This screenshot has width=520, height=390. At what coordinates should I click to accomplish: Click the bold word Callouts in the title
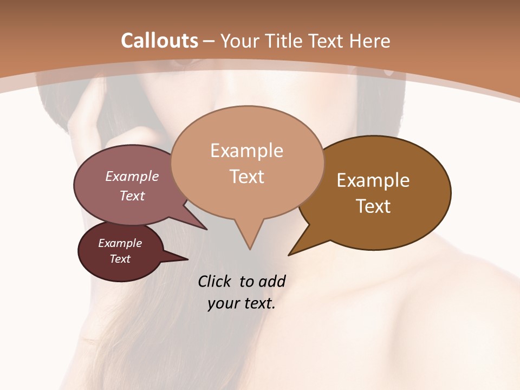pyautogui.click(x=159, y=41)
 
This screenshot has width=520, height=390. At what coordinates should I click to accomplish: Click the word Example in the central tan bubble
pyautogui.click(x=246, y=151)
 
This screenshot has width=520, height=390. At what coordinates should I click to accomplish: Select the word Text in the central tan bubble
pyautogui.click(x=247, y=177)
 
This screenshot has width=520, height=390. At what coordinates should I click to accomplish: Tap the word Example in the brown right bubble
pyautogui.click(x=373, y=180)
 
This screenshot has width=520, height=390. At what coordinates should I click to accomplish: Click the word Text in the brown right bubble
pyautogui.click(x=374, y=206)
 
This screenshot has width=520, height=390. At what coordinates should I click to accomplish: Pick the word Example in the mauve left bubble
pyautogui.click(x=132, y=177)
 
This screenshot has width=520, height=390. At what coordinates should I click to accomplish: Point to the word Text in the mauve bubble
pyautogui.click(x=132, y=196)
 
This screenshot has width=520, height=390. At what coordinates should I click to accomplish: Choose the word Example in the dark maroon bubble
pyautogui.click(x=120, y=243)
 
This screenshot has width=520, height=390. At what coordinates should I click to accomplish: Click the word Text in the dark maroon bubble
pyautogui.click(x=120, y=259)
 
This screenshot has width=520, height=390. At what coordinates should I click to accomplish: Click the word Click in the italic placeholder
pyautogui.click(x=215, y=281)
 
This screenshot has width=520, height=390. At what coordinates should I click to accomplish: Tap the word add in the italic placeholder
pyautogui.click(x=271, y=281)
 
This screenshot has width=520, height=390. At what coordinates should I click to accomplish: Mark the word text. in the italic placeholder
pyautogui.click(x=259, y=303)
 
